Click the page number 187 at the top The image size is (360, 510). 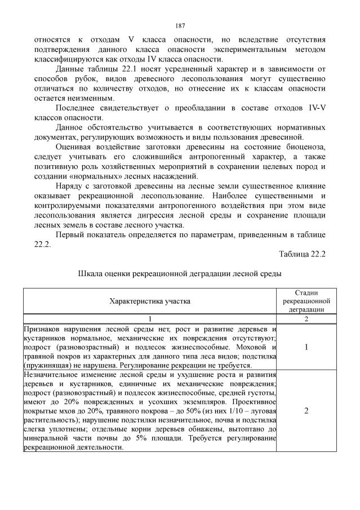180,25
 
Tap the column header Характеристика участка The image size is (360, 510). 150,301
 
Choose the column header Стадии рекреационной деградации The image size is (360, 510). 306,301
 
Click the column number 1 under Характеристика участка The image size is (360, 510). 150,318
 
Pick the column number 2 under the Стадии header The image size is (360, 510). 306,318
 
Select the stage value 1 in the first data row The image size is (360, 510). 306,347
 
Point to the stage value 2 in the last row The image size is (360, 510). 306,411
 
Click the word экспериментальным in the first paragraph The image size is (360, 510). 246,50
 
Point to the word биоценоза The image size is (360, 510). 305,148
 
